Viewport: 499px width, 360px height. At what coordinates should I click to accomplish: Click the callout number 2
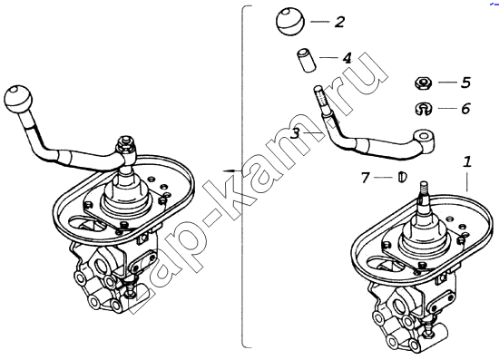pyautogui.click(x=339, y=23)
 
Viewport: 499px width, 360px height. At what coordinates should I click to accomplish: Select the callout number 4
pyautogui.click(x=347, y=58)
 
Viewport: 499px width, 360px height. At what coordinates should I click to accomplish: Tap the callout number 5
pyautogui.click(x=465, y=83)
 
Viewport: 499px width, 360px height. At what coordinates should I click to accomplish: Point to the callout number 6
pyautogui.click(x=465, y=109)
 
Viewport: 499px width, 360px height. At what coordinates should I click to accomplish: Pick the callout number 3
pyautogui.click(x=296, y=133)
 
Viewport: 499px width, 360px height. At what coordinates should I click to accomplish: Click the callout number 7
pyautogui.click(x=365, y=178)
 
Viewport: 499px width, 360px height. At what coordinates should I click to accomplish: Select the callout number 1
pyautogui.click(x=467, y=162)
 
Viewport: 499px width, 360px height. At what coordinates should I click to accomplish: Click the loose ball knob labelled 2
pyautogui.click(x=290, y=22)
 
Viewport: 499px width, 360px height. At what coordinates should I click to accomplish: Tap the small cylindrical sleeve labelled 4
pyautogui.click(x=307, y=60)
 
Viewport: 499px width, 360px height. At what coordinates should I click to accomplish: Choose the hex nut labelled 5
pyautogui.click(x=423, y=83)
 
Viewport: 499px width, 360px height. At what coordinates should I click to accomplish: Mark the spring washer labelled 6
pyautogui.click(x=423, y=109)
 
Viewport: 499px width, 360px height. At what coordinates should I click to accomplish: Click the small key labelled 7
pyautogui.click(x=402, y=177)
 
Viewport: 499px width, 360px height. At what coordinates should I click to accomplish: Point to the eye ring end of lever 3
pyautogui.click(x=425, y=138)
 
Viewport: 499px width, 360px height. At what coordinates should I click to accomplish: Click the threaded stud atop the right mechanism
pyautogui.click(x=425, y=189)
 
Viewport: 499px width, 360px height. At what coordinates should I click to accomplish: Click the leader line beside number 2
pyautogui.click(x=320, y=22)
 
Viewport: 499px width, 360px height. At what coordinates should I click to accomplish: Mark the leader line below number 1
pyautogui.click(x=467, y=181)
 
